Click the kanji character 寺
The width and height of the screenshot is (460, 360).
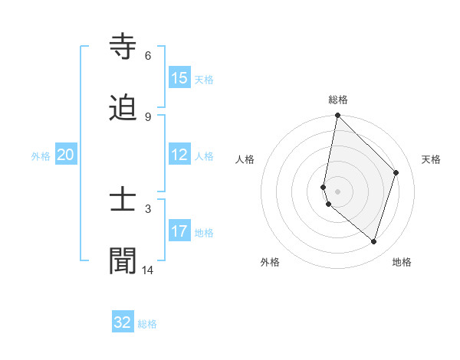coord(123,47)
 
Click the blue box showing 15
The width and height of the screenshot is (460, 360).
coord(179,77)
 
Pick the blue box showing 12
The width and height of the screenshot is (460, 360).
coord(179,155)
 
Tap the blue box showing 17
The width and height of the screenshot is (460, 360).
coord(179,231)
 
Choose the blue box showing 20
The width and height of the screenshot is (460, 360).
coord(66,155)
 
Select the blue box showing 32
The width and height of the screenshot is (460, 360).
coord(123,322)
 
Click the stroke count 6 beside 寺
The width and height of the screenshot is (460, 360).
coord(148,56)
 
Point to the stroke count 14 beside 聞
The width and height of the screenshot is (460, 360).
coord(148,270)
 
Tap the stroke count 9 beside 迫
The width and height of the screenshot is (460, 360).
coord(148,116)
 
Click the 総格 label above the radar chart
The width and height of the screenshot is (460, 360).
coord(338,100)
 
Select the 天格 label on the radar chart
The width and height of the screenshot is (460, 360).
coord(431,159)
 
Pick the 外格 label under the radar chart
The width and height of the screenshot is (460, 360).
coord(270,262)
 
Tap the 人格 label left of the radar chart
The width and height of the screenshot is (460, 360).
coord(245,159)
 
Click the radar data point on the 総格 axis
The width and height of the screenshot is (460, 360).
coord(337,115)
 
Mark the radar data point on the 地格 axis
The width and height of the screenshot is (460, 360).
coord(373,241)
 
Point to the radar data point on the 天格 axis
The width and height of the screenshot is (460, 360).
coord(396,172)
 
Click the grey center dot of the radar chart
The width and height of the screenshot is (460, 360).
coord(337,191)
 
